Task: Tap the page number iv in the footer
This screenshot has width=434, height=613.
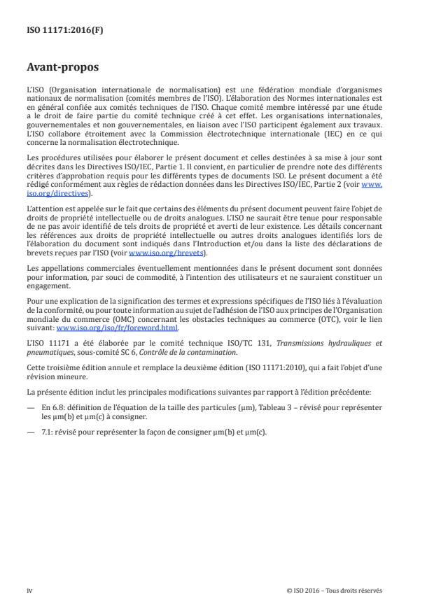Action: (30, 590)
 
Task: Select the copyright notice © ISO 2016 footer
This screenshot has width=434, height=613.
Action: (335, 590)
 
